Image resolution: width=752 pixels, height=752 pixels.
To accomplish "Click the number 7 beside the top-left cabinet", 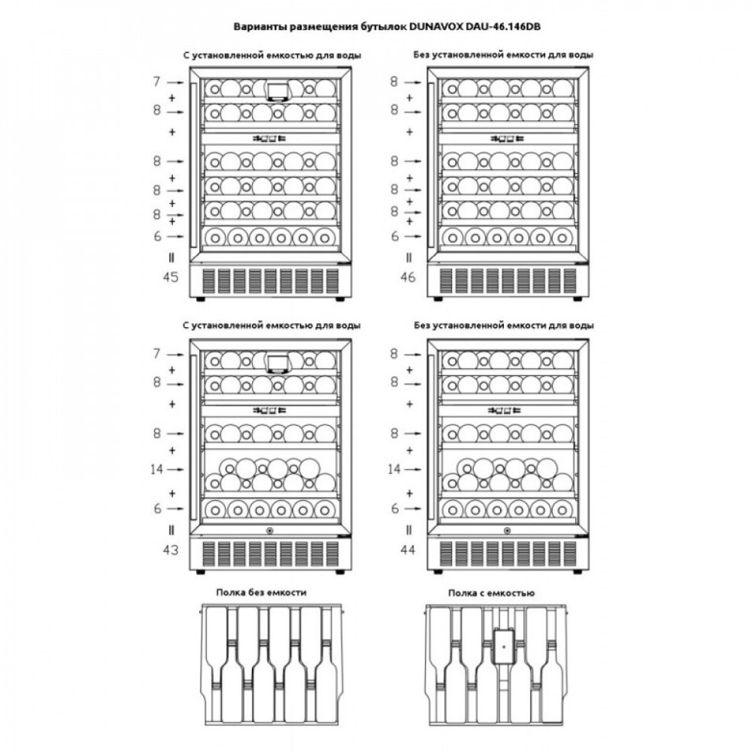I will [x=156, y=81].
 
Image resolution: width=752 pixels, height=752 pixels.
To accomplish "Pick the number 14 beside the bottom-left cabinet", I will [x=156, y=469].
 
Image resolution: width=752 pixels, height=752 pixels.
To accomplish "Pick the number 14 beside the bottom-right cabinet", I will [x=394, y=469].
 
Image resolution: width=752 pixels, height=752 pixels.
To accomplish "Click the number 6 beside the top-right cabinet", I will [x=395, y=236].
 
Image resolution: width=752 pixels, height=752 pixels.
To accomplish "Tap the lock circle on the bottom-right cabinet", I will [x=508, y=531].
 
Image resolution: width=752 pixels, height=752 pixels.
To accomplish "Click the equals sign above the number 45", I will [x=171, y=257].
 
